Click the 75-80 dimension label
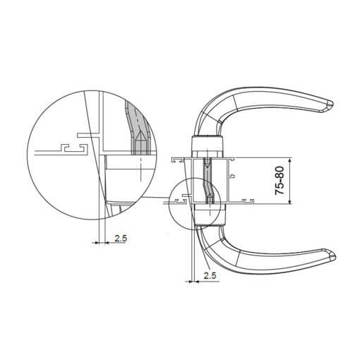click(x=280, y=181)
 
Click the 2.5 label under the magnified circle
click(x=121, y=239)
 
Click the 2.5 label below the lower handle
click(x=210, y=275)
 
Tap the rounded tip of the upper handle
click(x=330, y=104)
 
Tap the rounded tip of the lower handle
click(x=332, y=256)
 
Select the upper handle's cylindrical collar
click(x=208, y=144)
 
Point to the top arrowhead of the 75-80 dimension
click(x=290, y=160)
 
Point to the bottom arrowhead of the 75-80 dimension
click(x=290, y=201)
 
